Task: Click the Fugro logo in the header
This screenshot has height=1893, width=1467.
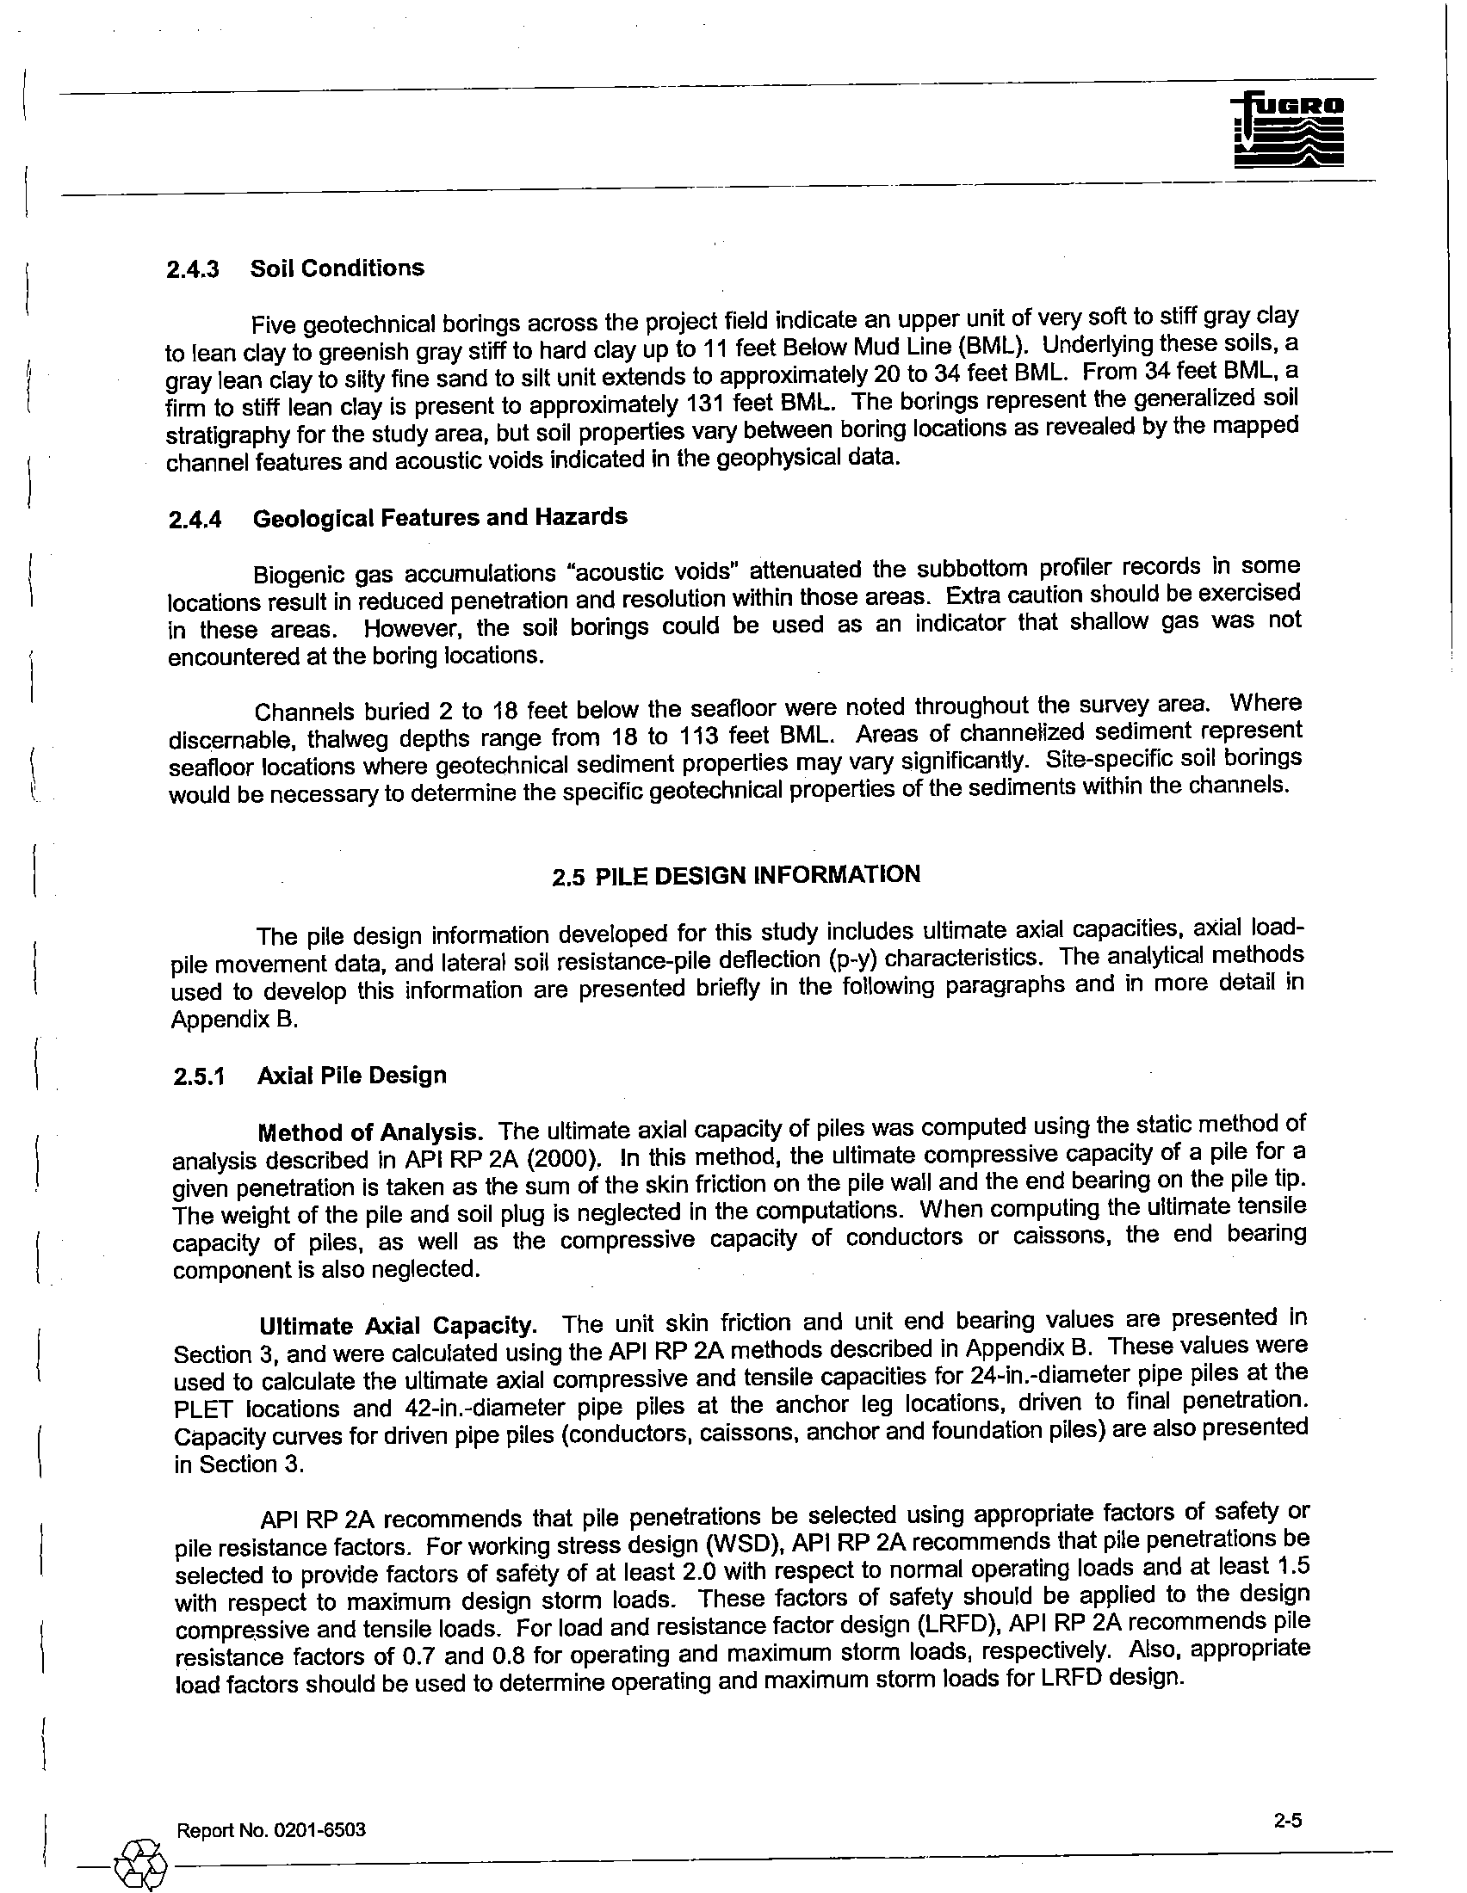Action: coord(1287,130)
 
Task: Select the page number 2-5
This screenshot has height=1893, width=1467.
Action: coord(1289,1819)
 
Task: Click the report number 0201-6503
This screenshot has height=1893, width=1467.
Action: coord(319,1828)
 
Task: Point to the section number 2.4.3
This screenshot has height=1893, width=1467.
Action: coord(193,269)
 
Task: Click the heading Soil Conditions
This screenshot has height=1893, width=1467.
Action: coord(337,268)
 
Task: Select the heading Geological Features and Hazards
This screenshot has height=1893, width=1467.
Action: coord(440,517)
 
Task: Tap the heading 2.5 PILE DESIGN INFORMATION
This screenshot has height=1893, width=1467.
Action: coord(736,875)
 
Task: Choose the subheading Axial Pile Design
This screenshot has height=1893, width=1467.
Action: coord(352,1076)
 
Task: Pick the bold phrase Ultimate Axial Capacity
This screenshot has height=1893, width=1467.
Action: coord(398,1326)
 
